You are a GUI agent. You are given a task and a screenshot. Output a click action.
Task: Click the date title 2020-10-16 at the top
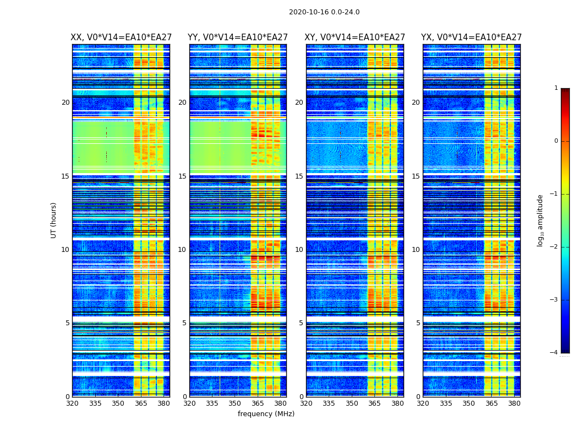324,12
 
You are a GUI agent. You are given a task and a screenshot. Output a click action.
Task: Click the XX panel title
121,37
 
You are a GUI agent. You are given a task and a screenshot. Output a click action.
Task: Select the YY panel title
238,37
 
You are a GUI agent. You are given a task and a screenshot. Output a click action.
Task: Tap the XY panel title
355,37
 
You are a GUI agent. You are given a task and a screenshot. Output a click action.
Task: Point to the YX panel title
472,37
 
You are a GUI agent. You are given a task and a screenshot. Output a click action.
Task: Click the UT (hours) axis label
54,220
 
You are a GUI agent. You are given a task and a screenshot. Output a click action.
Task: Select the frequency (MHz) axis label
266,414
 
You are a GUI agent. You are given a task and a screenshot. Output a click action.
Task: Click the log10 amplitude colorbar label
541,220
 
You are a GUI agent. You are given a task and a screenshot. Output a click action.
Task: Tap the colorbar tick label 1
555,88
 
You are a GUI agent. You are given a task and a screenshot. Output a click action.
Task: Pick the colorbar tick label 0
555,141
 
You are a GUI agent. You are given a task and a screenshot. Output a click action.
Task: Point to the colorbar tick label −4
554,353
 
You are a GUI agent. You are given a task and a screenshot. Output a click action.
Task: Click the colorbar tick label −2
554,247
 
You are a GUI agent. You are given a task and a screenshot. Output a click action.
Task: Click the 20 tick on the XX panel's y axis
66,103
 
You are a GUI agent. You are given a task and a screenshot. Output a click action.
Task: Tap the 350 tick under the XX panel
118,403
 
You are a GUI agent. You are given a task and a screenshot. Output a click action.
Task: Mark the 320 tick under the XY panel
307,403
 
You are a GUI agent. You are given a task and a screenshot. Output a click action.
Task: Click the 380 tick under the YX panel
514,403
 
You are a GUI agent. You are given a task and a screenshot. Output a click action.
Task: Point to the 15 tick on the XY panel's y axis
299,176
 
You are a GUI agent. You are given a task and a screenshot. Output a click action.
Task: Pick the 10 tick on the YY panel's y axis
182,250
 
